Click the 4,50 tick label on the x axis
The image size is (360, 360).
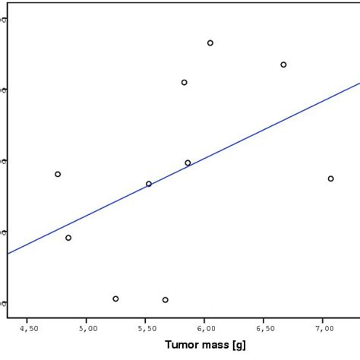(x=28, y=329)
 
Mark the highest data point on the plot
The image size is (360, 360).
(x=210, y=43)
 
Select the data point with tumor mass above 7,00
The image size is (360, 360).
(x=330, y=178)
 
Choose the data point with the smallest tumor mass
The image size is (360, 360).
(x=58, y=174)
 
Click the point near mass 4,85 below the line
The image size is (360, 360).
(x=68, y=238)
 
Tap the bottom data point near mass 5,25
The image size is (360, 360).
(x=115, y=298)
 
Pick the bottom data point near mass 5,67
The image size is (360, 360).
(x=165, y=300)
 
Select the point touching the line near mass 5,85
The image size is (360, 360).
(x=188, y=163)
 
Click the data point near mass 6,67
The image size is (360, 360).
(x=283, y=65)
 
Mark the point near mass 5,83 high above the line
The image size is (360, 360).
(x=184, y=82)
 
